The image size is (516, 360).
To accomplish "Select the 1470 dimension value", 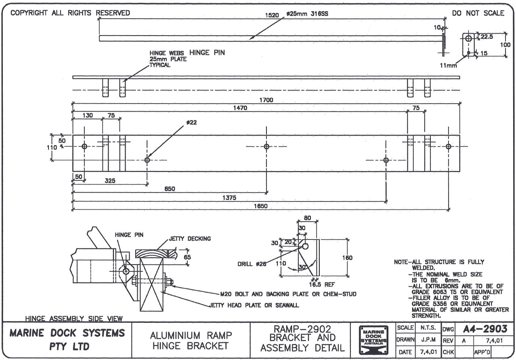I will point(240,108).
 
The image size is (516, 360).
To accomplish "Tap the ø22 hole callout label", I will point(192,122).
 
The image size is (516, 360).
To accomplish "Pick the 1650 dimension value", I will point(260,206).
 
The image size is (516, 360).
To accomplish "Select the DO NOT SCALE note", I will point(478,13).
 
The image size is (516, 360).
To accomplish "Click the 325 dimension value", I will point(110,181).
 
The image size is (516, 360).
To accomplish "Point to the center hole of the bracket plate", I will point(266,146).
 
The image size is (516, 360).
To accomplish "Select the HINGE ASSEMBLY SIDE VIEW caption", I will point(74,318).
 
